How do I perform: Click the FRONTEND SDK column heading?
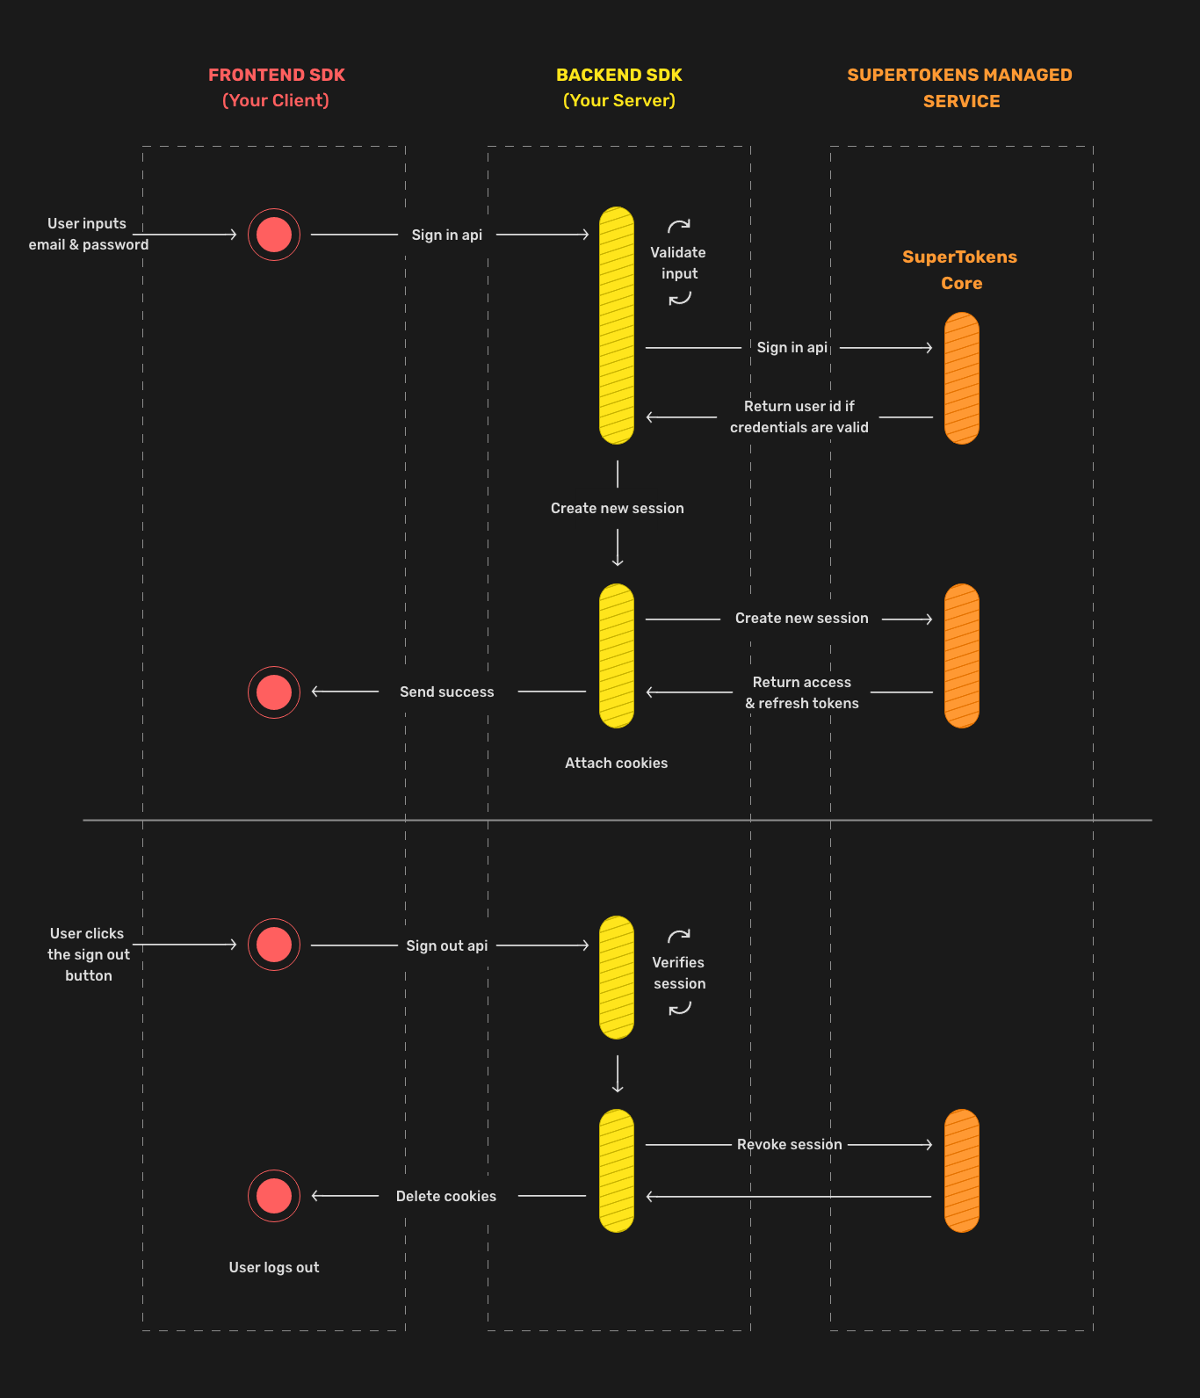click(276, 76)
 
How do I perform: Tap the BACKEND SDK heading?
click(618, 76)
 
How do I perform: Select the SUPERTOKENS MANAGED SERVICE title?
click(959, 88)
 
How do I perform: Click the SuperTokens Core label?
click(959, 270)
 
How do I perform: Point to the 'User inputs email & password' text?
click(88, 235)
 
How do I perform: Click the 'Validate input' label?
click(678, 263)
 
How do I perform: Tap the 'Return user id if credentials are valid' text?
click(799, 417)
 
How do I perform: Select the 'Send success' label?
click(446, 692)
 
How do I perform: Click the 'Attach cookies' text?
click(616, 764)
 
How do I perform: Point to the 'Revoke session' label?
click(789, 1145)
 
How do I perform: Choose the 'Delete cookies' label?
click(445, 1197)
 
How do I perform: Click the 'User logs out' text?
click(273, 1268)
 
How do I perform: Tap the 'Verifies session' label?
click(678, 974)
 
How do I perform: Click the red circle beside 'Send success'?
click(274, 692)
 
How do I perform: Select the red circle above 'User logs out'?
click(274, 1196)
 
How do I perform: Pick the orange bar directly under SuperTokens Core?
click(961, 379)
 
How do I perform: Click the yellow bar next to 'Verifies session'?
click(617, 977)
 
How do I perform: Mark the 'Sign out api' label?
click(446, 946)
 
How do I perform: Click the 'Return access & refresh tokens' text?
click(801, 693)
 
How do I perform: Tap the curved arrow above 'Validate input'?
click(679, 226)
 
